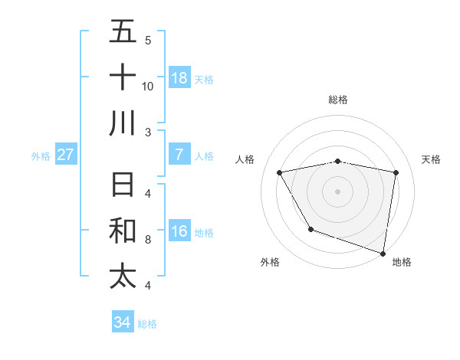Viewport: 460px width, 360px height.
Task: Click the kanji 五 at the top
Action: click(123, 31)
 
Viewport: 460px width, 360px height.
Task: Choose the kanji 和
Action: click(123, 231)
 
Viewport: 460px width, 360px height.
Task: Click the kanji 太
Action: click(123, 277)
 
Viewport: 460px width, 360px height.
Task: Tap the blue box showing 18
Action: click(179, 78)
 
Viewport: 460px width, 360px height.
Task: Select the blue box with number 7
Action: click(179, 155)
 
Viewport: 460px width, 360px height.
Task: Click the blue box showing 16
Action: click(179, 232)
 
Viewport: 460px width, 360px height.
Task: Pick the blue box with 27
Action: click(66, 155)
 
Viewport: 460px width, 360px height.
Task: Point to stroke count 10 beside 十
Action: click(148, 86)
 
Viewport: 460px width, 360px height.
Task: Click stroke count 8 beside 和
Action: click(148, 241)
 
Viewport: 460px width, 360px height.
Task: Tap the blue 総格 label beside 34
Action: click(148, 324)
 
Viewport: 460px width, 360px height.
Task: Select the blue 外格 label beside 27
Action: click(41, 156)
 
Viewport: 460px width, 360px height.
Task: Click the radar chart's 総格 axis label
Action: click(338, 100)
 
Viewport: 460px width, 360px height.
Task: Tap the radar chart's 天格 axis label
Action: click(432, 159)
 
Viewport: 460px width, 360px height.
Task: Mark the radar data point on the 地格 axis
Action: click(383, 252)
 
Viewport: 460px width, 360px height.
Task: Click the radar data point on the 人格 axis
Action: click(280, 173)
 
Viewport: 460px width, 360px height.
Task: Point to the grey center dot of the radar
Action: click(338, 191)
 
